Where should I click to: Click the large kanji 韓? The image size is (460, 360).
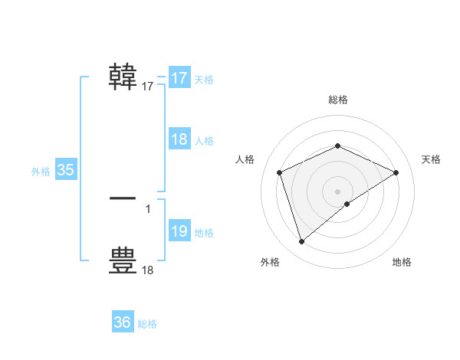click(x=123, y=77)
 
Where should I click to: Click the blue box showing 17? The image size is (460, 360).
click(x=179, y=78)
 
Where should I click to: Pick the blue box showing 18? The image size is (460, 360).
click(x=179, y=139)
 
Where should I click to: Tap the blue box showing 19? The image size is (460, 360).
click(x=179, y=231)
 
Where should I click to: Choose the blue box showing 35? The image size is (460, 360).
click(x=66, y=170)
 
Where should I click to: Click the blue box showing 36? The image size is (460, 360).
click(x=123, y=322)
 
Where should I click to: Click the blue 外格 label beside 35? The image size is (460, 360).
click(x=41, y=172)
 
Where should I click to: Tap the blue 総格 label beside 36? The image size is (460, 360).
click(x=147, y=324)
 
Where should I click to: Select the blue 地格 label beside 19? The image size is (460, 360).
click(x=204, y=233)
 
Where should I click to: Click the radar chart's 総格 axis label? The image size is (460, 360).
click(x=337, y=100)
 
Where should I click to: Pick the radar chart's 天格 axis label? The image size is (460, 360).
click(x=431, y=159)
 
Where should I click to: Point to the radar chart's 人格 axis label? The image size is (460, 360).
click(x=245, y=159)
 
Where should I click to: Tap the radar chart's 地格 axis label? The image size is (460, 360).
click(x=402, y=262)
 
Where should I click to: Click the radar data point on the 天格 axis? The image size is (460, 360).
click(x=396, y=172)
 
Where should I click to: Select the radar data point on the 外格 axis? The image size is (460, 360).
click(x=301, y=242)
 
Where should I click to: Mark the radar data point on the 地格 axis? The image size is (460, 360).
click(x=347, y=204)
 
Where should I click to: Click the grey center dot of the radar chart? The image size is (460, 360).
click(x=337, y=191)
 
